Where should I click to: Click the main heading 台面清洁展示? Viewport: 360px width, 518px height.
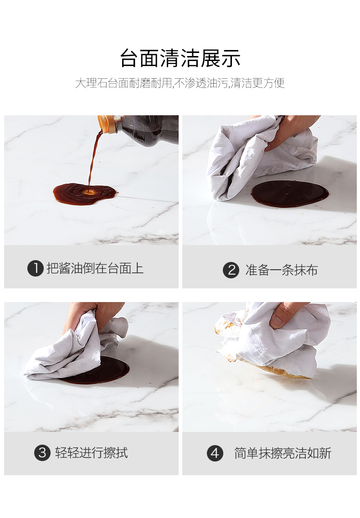pos(180,58)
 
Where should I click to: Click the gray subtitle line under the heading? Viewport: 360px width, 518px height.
pos(180,83)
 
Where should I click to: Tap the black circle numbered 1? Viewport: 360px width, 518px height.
pos(36,268)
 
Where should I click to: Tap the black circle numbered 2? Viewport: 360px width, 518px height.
pos(231,270)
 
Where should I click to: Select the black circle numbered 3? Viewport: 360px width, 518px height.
pos(42,452)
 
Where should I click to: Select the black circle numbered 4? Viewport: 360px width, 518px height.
pos(215,453)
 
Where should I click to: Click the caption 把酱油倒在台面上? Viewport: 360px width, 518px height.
pos(95,268)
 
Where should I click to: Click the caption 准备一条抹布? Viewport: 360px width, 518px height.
pos(281,270)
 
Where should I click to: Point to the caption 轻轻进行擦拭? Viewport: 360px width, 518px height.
pos(92,452)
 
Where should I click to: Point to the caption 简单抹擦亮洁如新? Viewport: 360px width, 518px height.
pos(283,453)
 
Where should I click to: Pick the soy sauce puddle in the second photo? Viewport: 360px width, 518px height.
pos(290,194)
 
